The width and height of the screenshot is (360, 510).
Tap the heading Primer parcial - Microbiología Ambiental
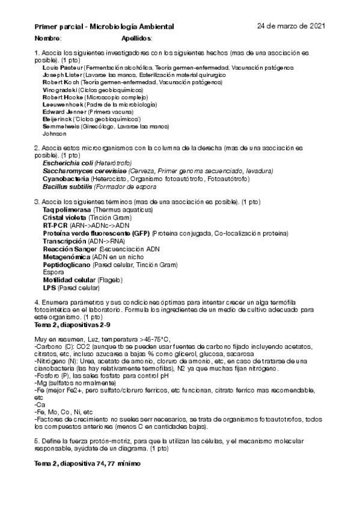[x=104, y=27]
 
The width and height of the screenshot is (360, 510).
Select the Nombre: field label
[x=48, y=38]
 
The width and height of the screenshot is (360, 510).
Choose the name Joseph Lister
[x=63, y=75]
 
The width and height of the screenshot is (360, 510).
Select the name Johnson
[x=55, y=134]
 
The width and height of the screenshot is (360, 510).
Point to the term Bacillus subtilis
[x=68, y=186]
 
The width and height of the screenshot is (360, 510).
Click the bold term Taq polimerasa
[x=67, y=209]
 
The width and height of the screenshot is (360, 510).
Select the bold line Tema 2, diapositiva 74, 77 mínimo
[x=87, y=465]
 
